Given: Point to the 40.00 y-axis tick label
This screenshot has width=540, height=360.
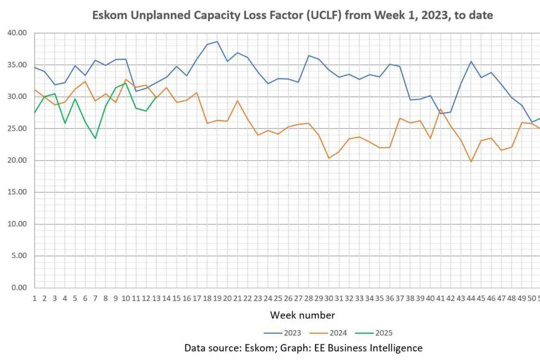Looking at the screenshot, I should (x=17, y=33).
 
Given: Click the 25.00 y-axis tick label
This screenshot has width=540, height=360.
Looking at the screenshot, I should (x=17, y=128).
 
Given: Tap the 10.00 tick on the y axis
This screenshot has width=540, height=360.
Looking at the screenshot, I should (x=17, y=224).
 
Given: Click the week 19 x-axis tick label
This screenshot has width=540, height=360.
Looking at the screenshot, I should (x=217, y=298).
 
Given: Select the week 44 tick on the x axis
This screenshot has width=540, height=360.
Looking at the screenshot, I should (x=471, y=298).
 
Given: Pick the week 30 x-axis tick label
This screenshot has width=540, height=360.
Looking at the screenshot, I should (x=329, y=298).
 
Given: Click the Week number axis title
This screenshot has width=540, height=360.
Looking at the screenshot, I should (x=303, y=315).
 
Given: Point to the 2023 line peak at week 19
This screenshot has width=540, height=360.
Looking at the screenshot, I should (x=217, y=42).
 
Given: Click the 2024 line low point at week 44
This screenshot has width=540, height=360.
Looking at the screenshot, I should (x=471, y=162).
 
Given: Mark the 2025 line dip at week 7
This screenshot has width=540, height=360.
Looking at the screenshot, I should (x=95, y=138).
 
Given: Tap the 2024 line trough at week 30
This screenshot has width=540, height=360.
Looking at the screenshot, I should (x=329, y=158).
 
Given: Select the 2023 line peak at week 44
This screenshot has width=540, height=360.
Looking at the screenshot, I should (x=471, y=62).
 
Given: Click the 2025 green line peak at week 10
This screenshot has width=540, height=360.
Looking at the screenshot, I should (x=126, y=83).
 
